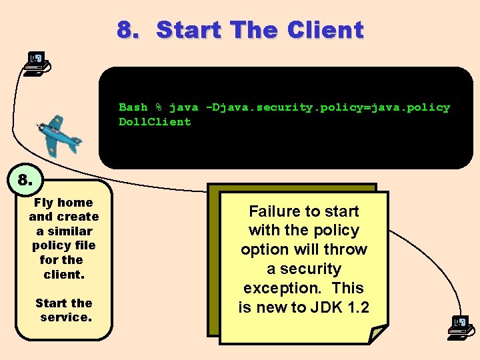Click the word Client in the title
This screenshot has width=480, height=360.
click(x=325, y=30)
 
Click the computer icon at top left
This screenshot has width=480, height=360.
click(x=37, y=63)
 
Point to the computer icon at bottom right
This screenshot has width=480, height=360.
click(x=459, y=327)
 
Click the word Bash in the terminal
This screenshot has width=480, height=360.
click(x=133, y=107)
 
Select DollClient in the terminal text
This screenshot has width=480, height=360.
click(x=155, y=122)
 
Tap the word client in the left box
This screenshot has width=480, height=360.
click(x=63, y=275)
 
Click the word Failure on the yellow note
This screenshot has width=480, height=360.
click(x=274, y=211)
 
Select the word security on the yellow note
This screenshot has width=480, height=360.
click(x=311, y=269)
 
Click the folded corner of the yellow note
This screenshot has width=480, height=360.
click(x=378, y=333)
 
